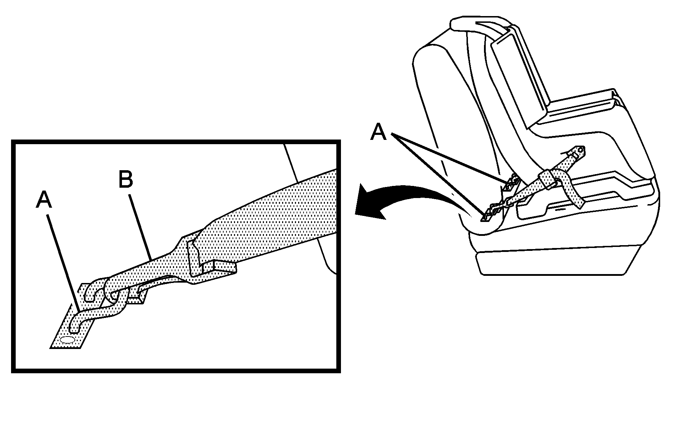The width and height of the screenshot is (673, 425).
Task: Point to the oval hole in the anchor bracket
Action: [67, 340]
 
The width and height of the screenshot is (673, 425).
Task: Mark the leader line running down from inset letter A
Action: [65, 259]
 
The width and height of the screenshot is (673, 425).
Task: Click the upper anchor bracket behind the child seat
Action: [511, 182]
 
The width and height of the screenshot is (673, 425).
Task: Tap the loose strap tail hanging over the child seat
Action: [571, 189]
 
